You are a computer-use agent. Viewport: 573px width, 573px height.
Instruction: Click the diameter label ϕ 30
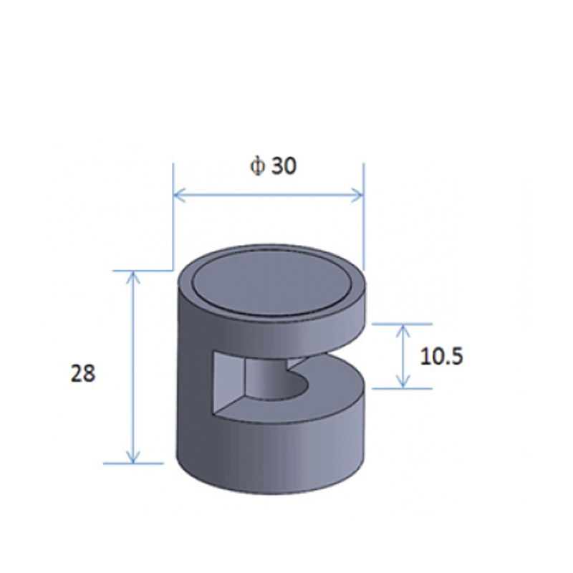coord(273,166)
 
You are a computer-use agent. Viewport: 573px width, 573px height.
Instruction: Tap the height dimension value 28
coord(83,373)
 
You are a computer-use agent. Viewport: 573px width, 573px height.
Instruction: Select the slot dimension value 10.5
coord(441,356)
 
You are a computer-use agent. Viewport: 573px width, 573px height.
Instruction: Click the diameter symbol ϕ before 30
coord(257,167)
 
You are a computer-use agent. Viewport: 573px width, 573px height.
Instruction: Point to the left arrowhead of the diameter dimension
coord(179,195)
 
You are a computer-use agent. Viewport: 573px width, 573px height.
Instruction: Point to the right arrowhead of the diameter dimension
coord(357,195)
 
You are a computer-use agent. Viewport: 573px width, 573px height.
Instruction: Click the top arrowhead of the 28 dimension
coord(133,278)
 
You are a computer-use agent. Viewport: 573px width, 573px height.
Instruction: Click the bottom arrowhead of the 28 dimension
coord(133,457)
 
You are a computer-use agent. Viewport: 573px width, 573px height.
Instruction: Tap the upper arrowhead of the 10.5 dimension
coord(403,331)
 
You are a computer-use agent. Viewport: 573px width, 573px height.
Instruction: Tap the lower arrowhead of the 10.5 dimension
coord(403,382)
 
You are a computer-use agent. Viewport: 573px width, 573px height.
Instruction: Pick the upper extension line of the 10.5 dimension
coord(402,324)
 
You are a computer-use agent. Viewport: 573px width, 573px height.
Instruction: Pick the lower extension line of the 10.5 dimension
coord(402,388)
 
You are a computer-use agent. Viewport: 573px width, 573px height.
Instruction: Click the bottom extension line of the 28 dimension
coord(133,463)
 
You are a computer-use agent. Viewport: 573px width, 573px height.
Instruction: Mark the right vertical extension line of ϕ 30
coord(364,217)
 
